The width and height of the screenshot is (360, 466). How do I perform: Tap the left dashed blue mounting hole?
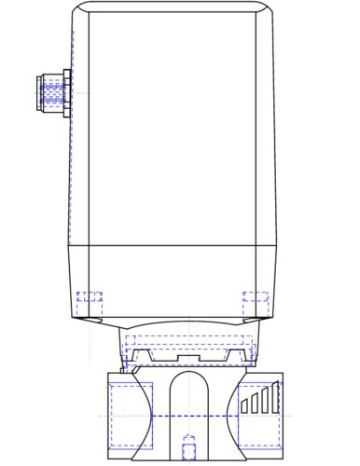90,303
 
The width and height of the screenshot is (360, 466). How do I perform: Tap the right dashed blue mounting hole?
256,303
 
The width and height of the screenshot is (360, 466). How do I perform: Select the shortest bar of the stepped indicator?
244,405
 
